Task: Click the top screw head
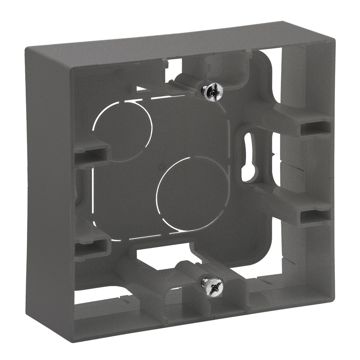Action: coord(212,92)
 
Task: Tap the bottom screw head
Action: coord(212,287)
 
